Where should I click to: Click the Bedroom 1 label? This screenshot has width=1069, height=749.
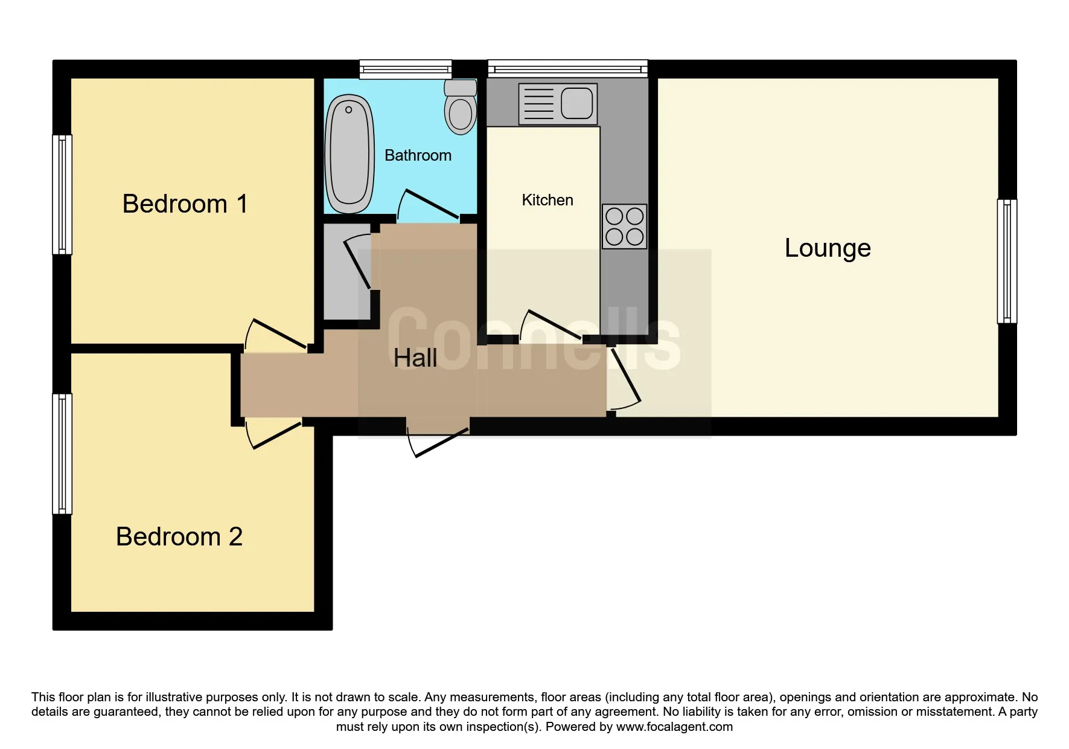tap(185, 204)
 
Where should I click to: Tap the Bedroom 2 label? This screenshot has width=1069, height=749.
tap(179, 537)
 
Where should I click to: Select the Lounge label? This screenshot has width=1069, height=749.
tap(828, 249)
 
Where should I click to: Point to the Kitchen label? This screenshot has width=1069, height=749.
tap(547, 200)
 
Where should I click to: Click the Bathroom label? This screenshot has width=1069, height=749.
tap(418, 156)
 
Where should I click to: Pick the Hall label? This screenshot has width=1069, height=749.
tap(415, 358)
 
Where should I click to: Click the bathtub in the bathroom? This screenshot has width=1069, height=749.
tap(349, 153)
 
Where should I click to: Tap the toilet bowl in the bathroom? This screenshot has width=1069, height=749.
tap(461, 114)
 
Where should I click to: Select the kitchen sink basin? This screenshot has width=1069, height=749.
tap(577, 103)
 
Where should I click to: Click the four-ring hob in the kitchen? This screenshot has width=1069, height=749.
tap(624, 227)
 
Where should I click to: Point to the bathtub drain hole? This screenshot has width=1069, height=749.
tap(348, 110)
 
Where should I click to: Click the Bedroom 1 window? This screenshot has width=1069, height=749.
tap(62, 194)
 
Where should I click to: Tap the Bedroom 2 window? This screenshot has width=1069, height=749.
tap(62, 454)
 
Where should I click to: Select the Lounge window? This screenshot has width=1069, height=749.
tap(1007, 262)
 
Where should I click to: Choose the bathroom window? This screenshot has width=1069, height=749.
tap(406, 69)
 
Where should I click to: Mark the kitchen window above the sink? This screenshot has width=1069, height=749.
tap(568, 68)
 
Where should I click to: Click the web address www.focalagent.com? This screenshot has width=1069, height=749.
tap(674, 727)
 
